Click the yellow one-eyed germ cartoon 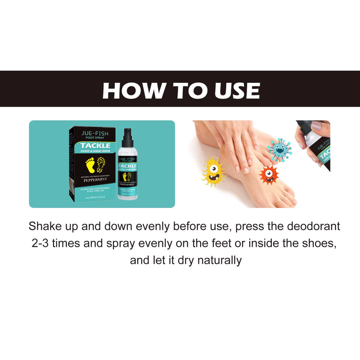pos(213,171)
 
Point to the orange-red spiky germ pos(269,174)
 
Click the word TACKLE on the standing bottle pos(128,166)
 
